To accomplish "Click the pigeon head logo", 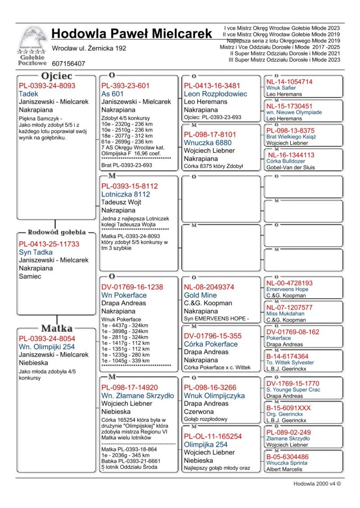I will [33, 40].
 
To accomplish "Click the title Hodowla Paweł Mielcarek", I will [131, 34].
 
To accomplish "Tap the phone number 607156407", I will [68, 64].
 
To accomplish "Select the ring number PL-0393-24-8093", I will [47, 85].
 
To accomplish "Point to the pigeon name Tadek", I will [28, 94].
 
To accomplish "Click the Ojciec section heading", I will [57, 76].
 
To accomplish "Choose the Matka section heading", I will [57, 328].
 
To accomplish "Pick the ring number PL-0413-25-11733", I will [49, 244].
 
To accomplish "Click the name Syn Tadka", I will [36, 252].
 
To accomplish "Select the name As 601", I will [112, 94].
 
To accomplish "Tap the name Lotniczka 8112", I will [126, 194].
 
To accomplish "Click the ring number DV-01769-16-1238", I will [132, 287].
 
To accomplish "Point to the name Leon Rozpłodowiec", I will [216, 94].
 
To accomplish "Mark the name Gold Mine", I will [200, 295].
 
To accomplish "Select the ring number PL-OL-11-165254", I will [212, 436].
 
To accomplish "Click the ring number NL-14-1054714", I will [289, 82].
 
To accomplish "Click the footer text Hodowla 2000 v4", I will [317, 484].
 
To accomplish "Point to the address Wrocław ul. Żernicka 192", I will [89, 48].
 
